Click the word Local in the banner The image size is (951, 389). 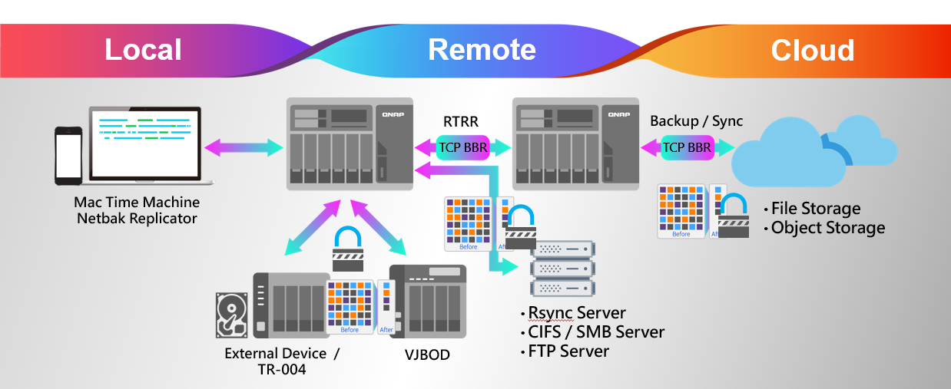pyautogui.click(x=143, y=50)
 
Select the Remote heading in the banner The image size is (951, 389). pyautogui.click(x=482, y=50)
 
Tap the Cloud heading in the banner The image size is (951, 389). pyautogui.click(x=812, y=51)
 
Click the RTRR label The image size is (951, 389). pyautogui.click(x=462, y=121)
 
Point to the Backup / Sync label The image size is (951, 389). pyautogui.click(x=696, y=121)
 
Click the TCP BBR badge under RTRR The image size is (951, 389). pyautogui.click(x=462, y=147)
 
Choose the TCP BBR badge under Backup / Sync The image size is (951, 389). pyautogui.click(x=688, y=147)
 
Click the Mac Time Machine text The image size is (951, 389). pyautogui.click(x=137, y=203)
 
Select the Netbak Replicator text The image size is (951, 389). pyautogui.click(x=137, y=218)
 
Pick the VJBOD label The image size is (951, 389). pyautogui.click(x=427, y=354)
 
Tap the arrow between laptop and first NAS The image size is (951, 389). pyautogui.click(x=242, y=147)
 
